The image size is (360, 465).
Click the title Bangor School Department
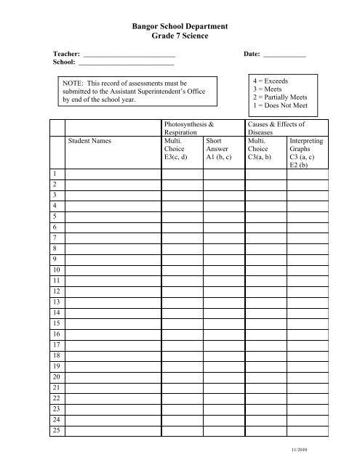click(x=180, y=27)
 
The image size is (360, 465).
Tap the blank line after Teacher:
click(x=129, y=56)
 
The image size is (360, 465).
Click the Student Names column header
click(x=89, y=142)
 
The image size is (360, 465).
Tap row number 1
click(x=55, y=175)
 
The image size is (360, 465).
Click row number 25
click(x=56, y=430)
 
